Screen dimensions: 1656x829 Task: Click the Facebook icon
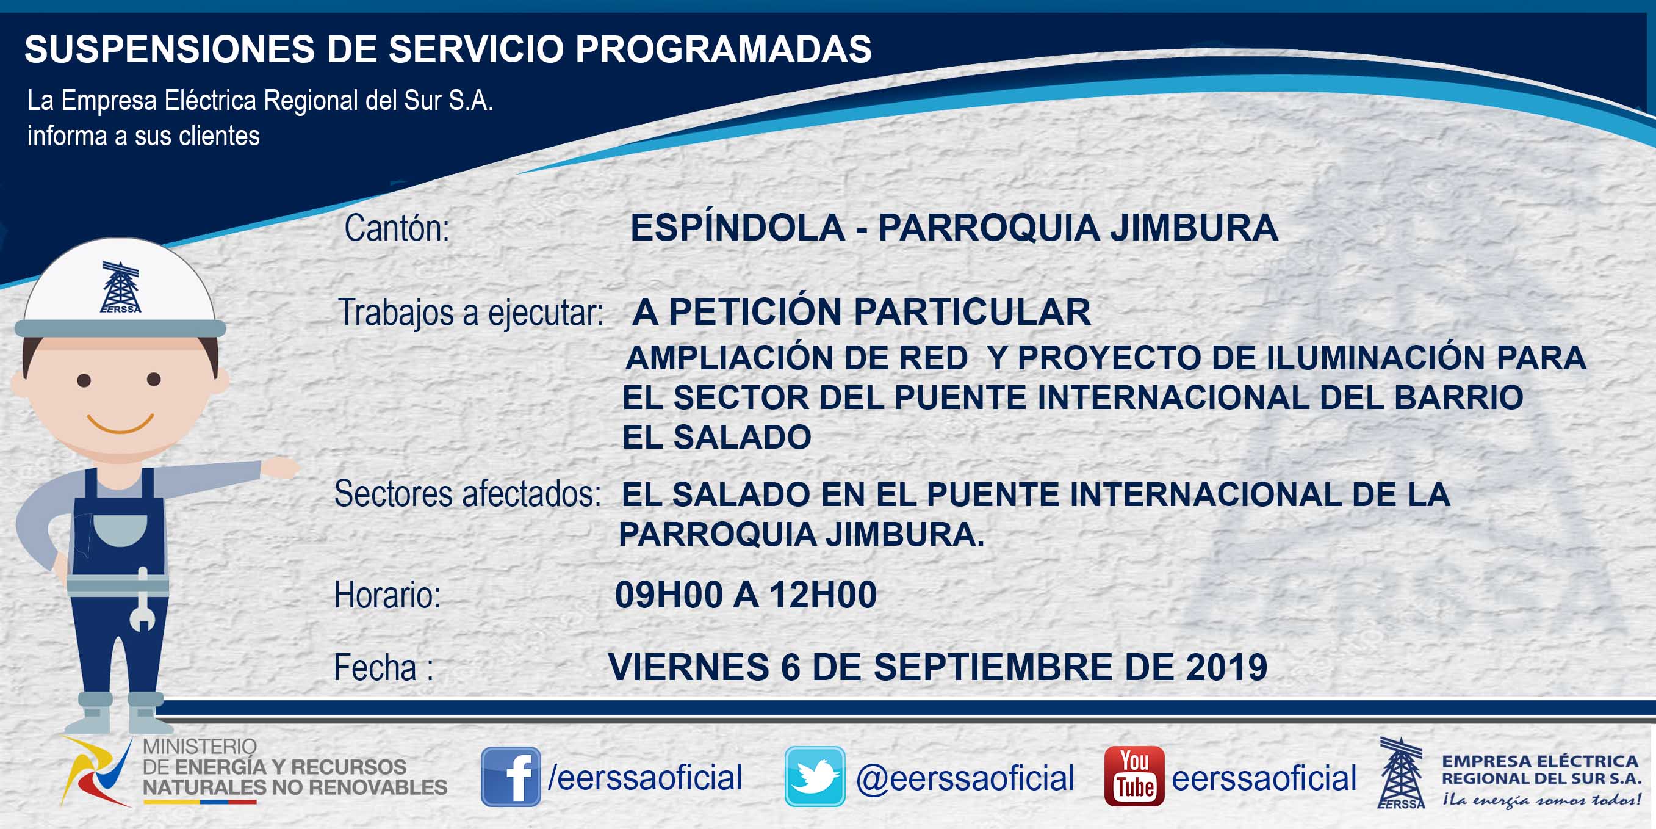coord(511,777)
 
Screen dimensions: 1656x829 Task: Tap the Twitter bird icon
coord(815,777)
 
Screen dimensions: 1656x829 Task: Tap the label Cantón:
coord(397,228)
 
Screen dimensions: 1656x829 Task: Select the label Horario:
coord(387,595)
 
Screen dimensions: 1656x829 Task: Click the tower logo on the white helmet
coord(121,287)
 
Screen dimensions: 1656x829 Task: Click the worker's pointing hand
coord(280,467)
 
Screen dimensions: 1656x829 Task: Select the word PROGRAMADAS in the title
coord(723,49)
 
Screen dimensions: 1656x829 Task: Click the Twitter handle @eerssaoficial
coord(965,778)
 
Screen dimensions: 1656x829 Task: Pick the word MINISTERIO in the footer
coord(200,747)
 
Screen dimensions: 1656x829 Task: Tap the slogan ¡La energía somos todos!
coord(1541,800)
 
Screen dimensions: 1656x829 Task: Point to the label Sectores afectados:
coord(467,494)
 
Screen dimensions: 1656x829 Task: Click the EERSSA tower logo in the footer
coord(1402,772)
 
